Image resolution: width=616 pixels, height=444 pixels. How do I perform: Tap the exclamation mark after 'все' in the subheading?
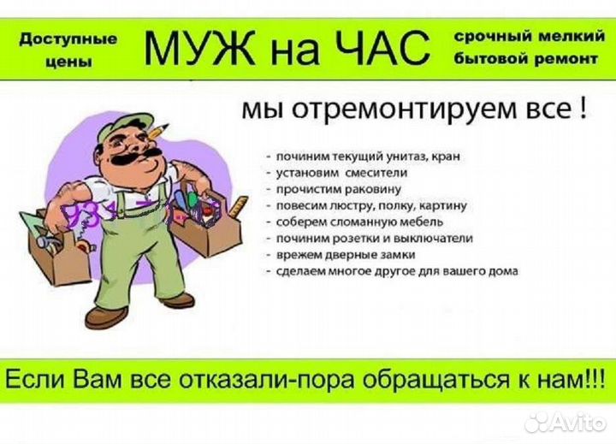pyautogui.click(x=583, y=109)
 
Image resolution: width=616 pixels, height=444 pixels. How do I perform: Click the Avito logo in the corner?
pyautogui.click(x=564, y=421)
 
